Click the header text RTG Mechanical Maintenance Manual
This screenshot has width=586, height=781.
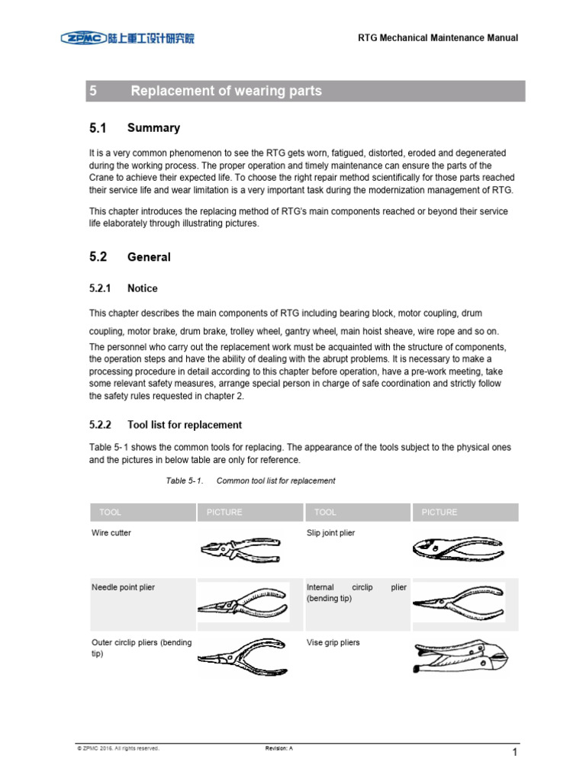point(438,38)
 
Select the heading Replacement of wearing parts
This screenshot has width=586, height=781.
point(226,91)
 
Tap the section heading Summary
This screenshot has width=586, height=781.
point(153,128)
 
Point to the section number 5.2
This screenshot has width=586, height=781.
point(98,257)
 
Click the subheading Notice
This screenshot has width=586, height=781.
point(143,288)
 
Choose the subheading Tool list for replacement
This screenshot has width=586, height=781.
point(185,425)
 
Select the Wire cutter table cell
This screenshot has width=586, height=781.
point(111,533)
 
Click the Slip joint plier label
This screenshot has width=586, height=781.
point(330,533)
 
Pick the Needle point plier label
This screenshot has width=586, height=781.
point(123,588)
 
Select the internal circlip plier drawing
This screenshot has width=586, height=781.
point(458,602)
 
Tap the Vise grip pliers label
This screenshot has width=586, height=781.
point(333,643)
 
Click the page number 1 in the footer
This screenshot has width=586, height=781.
point(515,754)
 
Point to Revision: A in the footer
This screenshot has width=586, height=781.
point(279,748)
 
